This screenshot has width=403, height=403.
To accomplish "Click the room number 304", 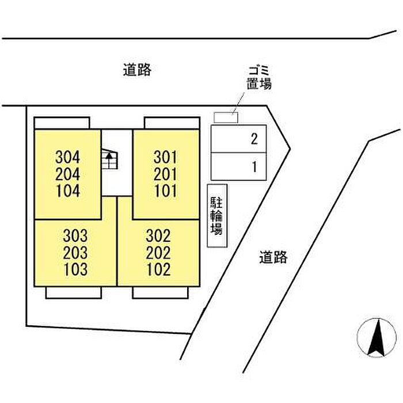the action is [68, 157].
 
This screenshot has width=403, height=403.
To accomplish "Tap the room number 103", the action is [76, 269].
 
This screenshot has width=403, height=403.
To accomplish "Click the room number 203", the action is [76, 252].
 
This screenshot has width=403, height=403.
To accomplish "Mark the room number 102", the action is [158, 269].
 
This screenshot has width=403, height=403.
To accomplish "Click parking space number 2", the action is [254, 139].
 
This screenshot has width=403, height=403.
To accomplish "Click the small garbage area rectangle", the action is [226, 117].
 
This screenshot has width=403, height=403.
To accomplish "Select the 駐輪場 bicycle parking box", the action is [217, 216].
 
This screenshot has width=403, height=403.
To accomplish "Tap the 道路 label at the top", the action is [137, 70].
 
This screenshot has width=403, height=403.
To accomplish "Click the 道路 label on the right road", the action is [272, 257].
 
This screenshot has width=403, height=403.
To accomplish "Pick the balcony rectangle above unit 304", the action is [62, 123].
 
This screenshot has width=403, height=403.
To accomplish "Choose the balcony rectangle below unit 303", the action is [73, 292].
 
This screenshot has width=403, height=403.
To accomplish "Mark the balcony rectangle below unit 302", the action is [161, 292].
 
